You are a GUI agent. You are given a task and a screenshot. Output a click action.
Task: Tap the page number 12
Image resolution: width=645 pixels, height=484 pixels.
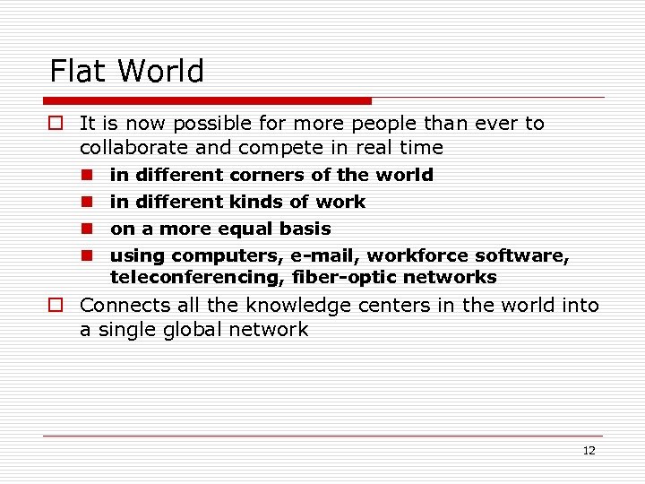(x=589, y=451)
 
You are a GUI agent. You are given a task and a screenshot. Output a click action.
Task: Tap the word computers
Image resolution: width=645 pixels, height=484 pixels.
(x=226, y=256)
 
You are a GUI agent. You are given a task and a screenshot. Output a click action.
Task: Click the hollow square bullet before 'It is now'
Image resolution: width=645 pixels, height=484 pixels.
(x=56, y=124)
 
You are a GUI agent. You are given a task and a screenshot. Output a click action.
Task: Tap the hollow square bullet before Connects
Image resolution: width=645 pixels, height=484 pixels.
(x=56, y=306)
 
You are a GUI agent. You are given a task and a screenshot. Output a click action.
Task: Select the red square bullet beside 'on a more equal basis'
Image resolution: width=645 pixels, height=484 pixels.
(x=88, y=229)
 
